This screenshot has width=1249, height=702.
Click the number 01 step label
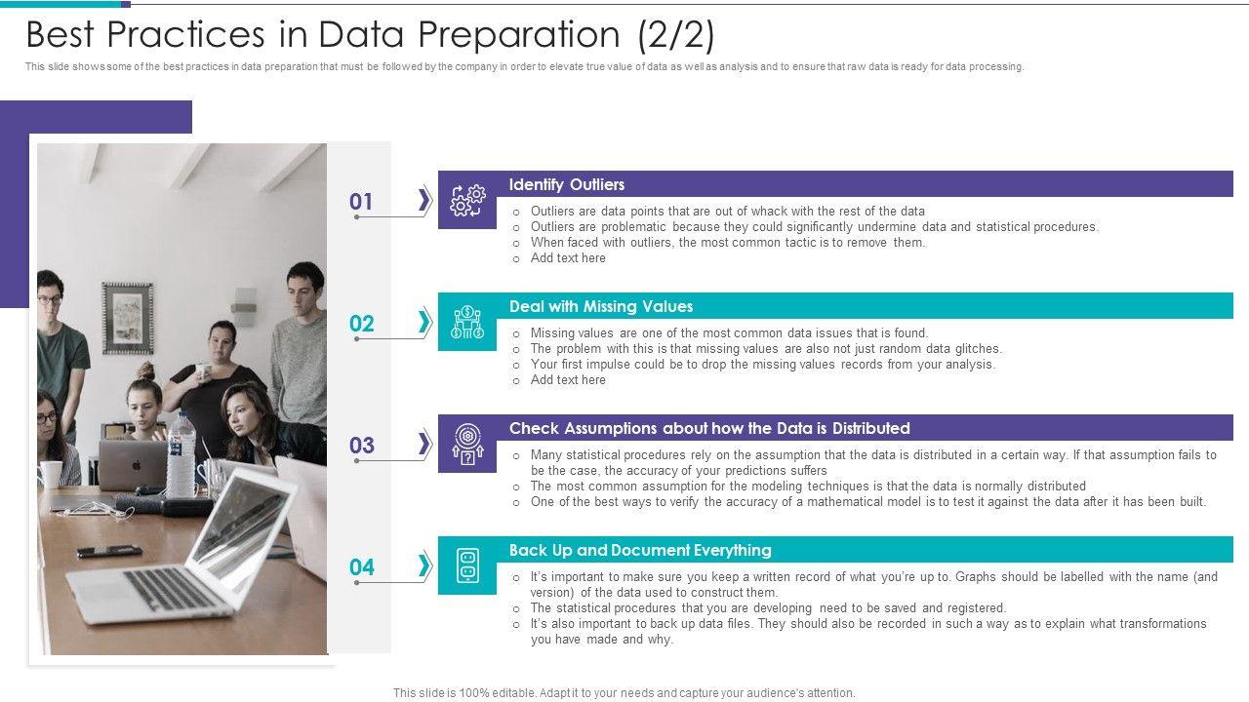[x=361, y=201]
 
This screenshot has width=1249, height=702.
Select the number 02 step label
[x=361, y=323]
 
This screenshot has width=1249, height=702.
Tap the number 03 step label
[x=361, y=446]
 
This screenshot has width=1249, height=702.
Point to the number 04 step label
[x=361, y=567]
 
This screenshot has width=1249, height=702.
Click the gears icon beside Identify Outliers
[x=467, y=201]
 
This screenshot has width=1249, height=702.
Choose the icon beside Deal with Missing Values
[x=467, y=322]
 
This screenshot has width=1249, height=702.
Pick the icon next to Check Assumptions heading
[x=467, y=444]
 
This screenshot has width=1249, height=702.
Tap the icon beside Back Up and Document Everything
[x=467, y=565]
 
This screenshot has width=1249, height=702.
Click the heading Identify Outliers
[x=567, y=184]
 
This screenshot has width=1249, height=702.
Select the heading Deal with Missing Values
[x=601, y=306]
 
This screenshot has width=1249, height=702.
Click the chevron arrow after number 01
[x=424, y=200]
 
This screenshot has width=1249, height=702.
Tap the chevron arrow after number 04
[x=424, y=566]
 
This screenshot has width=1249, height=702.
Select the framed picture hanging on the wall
[x=128, y=318]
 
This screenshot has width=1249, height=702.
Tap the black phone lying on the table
[x=108, y=551]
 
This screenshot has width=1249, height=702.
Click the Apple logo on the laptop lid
[x=135, y=465]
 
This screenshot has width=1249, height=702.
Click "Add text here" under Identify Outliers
[x=568, y=258]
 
